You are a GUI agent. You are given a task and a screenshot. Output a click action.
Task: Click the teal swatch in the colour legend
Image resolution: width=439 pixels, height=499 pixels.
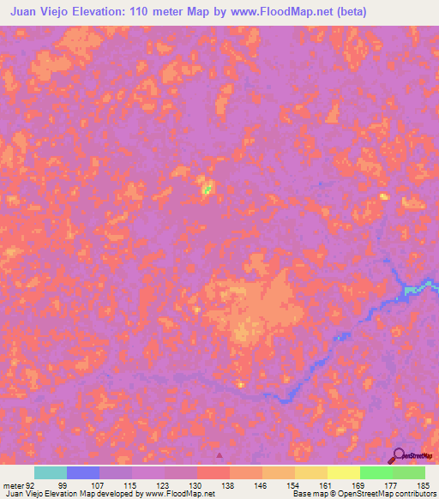point(51,472)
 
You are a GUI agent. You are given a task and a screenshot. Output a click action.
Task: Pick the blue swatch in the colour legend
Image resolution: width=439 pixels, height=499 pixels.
point(83,472)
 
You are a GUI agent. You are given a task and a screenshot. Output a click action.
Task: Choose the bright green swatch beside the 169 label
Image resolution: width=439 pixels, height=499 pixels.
point(376,472)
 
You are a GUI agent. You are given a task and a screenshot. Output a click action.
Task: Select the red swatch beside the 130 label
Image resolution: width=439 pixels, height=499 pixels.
point(213,472)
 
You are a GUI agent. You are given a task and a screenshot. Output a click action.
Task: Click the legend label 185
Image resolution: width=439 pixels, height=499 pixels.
point(422,484)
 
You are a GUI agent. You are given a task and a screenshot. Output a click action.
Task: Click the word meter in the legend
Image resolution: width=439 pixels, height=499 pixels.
point(12,484)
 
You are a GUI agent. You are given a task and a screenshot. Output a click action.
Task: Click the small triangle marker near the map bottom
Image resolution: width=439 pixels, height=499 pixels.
point(219,455)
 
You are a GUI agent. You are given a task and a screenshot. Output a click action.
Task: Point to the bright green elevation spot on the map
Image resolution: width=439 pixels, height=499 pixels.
point(207,186)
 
